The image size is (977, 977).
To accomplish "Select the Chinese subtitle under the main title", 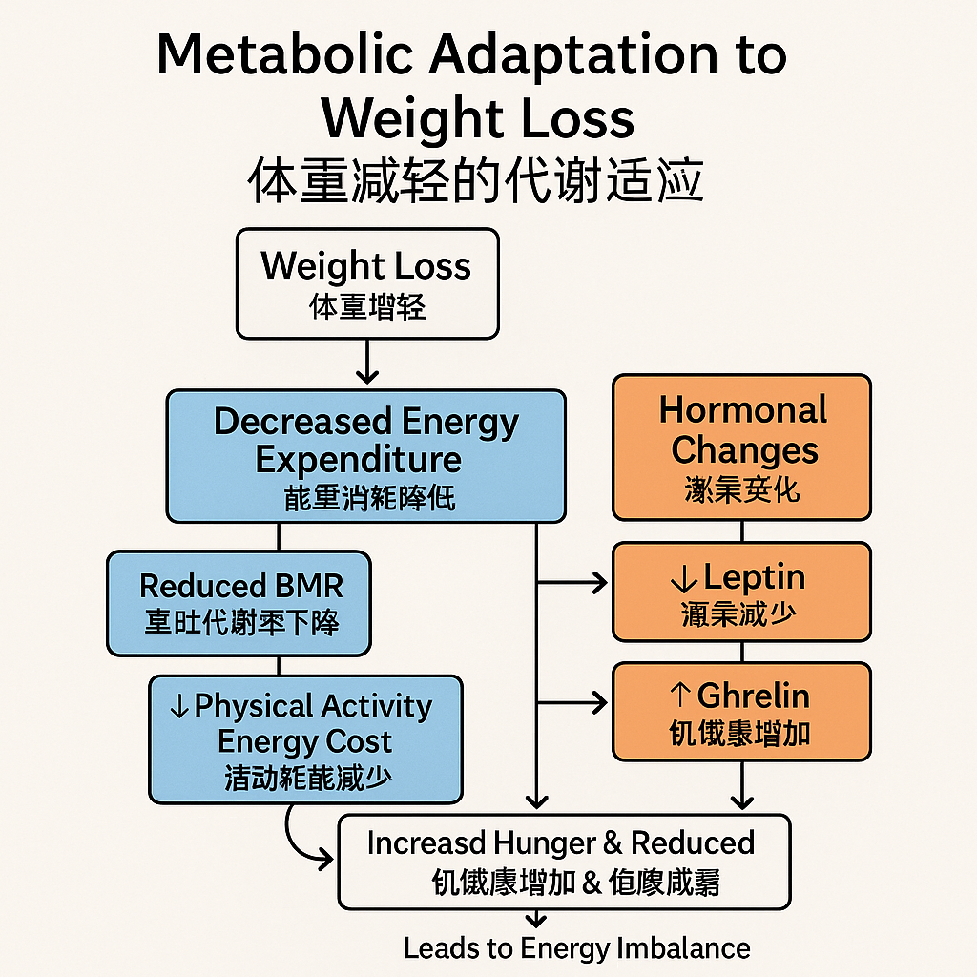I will click(475, 180).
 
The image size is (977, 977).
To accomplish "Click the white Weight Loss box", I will click(367, 283).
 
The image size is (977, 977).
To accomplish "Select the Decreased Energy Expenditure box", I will click(366, 456).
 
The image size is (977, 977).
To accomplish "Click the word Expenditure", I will click(359, 460).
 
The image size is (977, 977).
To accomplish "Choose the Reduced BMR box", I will click(239, 603).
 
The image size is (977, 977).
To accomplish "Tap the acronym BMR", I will click(307, 585).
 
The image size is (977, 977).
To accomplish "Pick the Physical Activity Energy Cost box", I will click(305, 739).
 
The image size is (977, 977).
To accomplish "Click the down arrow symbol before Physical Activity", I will click(178, 707).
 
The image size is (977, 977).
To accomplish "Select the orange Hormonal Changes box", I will click(741, 447).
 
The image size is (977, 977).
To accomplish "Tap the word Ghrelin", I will click(753, 696).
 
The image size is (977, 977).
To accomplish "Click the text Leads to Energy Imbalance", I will click(576, 948).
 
